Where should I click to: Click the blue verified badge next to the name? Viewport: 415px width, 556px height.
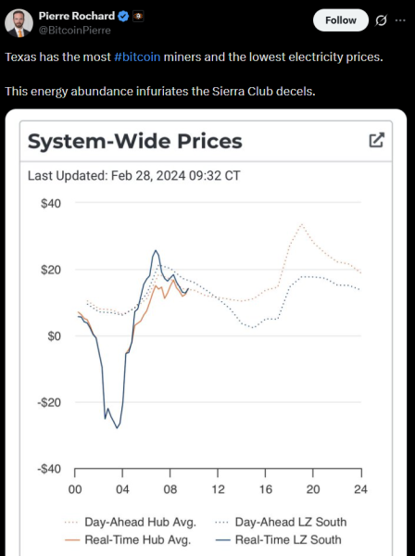[122, 16]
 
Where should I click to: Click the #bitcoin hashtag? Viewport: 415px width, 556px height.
[137, 57]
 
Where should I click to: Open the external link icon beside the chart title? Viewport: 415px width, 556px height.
[376, 140]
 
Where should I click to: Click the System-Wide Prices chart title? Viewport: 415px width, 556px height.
[135, 141]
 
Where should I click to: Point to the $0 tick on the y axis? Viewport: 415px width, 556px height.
[54, 336]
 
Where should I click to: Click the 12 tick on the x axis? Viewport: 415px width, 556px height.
[218, 489]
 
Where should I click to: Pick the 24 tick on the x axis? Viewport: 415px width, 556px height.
[360, 489]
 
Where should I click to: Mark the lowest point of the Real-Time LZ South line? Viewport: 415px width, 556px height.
[118, 428]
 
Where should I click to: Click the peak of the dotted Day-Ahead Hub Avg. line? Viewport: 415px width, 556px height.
[301, 223]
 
